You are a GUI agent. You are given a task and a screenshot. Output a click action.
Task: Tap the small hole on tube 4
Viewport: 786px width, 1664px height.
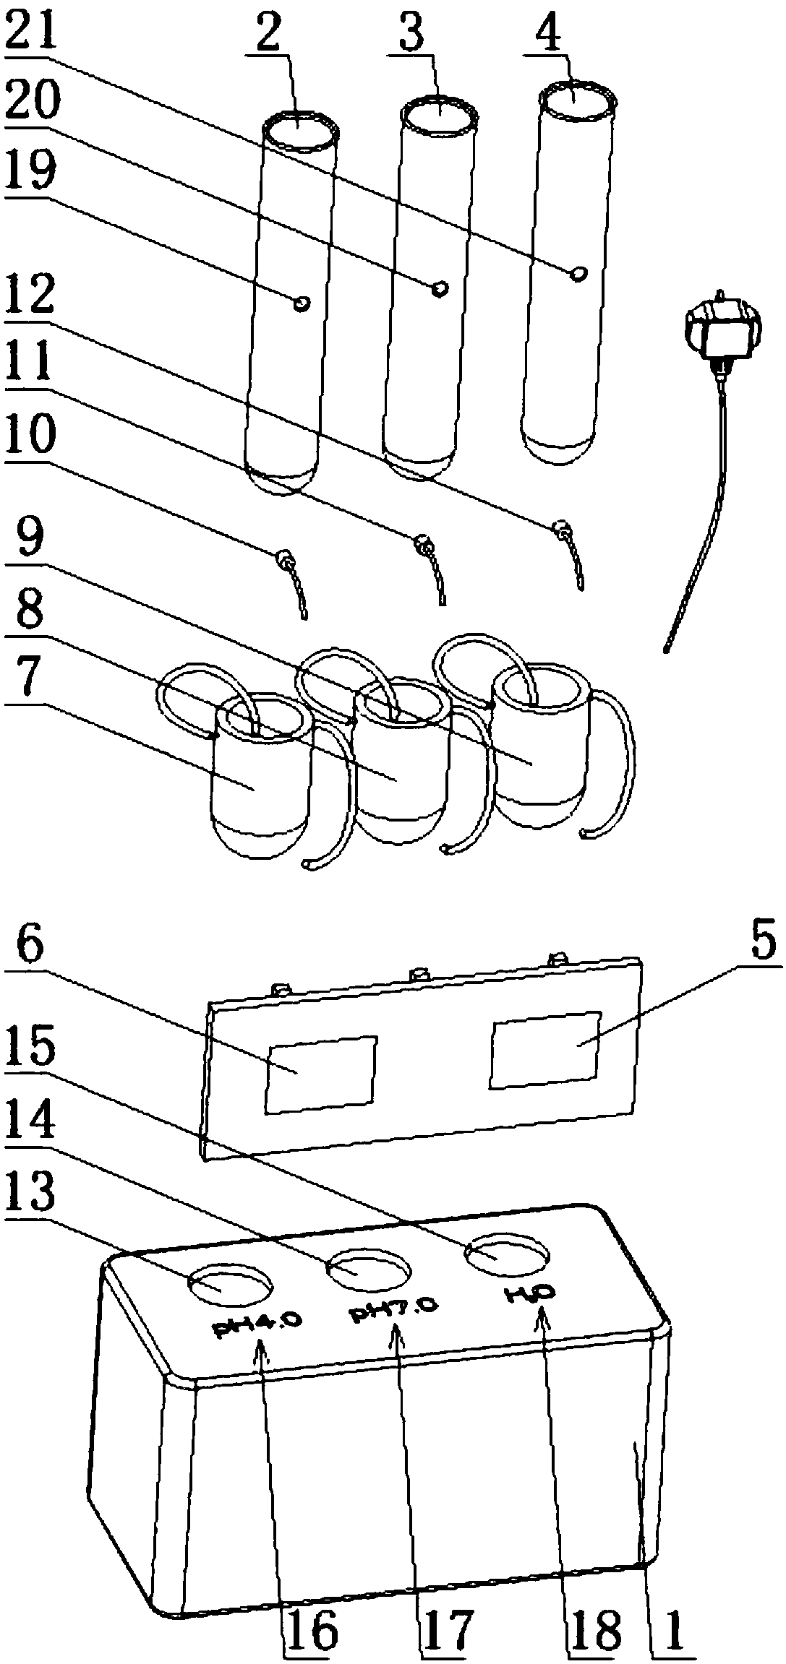pyautogui.click(x=578, y=274)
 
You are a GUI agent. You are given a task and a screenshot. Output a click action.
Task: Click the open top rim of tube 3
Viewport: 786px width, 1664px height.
pyautogui.click(x=440, y=116)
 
